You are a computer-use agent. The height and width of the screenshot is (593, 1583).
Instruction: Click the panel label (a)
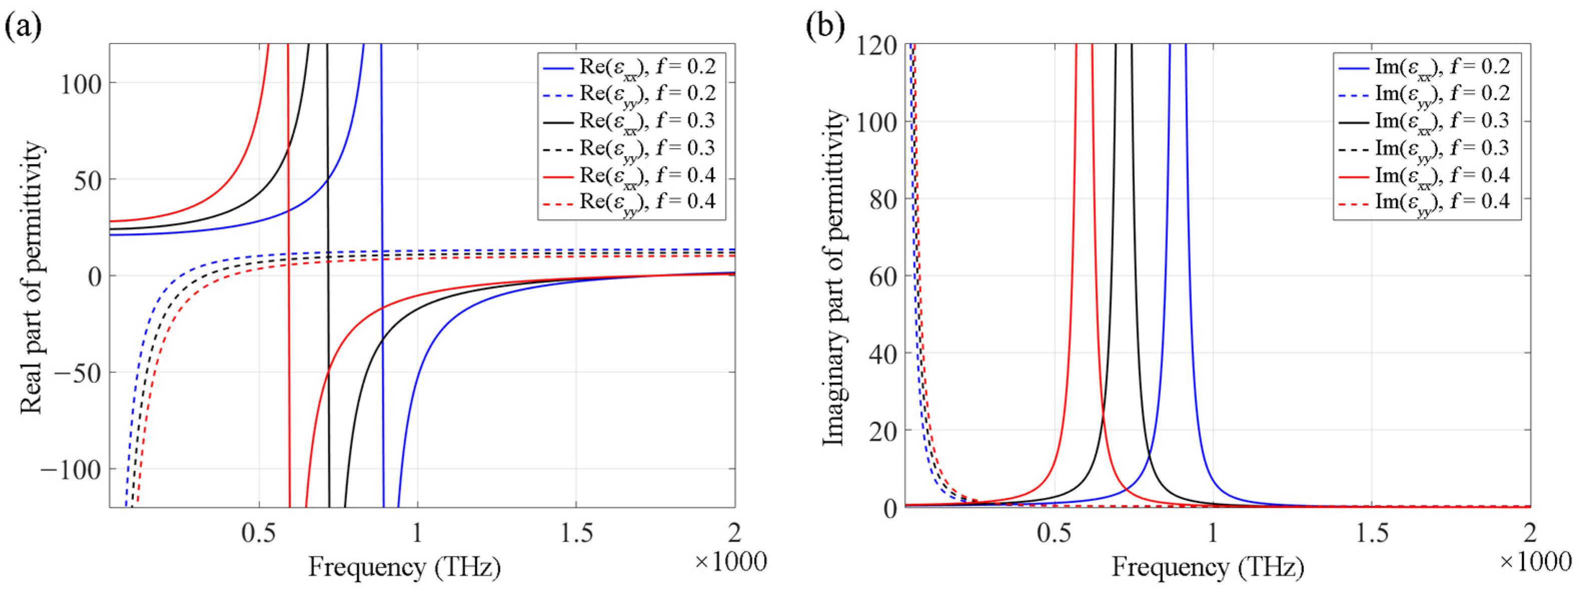(x=24, y=27)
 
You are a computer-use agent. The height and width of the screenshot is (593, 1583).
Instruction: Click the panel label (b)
(x=825, y=27)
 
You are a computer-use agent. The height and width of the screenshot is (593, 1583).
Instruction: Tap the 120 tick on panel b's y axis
(x=877, y=46)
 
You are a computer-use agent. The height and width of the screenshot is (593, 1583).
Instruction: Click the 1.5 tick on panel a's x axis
(x=576, y=533)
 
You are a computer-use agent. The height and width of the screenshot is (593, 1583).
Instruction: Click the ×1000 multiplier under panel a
(x=730, y=561)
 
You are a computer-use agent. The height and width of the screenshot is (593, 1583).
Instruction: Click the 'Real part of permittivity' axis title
(x=32, y=277)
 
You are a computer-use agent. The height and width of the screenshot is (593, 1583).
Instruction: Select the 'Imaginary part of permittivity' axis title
(x=834, y=277)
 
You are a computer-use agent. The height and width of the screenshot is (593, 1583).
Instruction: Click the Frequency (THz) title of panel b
(x=1208, y=566)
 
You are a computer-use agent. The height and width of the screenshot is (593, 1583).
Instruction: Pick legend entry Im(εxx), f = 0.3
(x=1441, y=121)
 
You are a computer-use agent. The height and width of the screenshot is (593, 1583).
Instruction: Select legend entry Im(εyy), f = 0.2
(x=1441, y=94)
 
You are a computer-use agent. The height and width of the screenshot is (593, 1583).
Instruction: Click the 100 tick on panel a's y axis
(x=81, y=84)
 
